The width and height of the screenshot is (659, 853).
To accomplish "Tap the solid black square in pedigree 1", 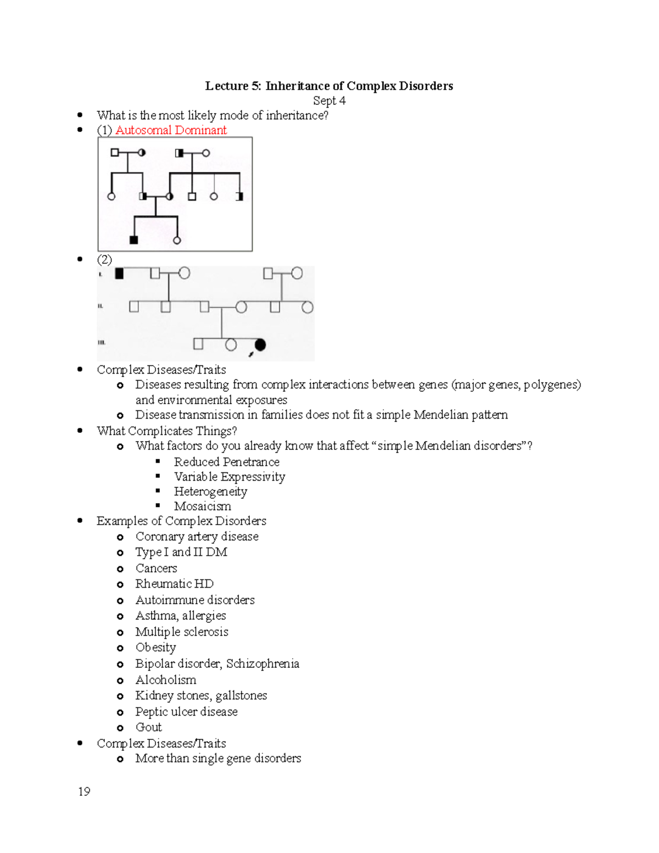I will tap(133, 239).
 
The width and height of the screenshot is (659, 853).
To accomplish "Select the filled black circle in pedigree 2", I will tap(260, 344).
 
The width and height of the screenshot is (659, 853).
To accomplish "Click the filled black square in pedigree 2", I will tap(119, 273).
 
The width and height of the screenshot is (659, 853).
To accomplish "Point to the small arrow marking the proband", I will tap(251, 354).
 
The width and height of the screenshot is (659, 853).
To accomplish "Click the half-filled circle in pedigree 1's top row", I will tap(142, 153).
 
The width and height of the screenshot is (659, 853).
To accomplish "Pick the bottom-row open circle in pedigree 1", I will tap(177, 240).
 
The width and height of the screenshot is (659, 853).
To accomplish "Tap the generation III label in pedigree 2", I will tap(101, 342).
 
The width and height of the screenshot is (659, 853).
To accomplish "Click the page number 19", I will tap(84, 791).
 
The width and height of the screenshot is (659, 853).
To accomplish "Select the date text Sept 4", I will tap(329, 101).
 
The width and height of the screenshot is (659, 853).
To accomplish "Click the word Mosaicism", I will tap(202, 506).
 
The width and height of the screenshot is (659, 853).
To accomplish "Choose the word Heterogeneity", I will tap(210, 491).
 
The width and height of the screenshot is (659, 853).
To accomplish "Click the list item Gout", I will tap(148, 727).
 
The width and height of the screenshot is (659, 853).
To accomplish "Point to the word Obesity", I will tap(155, 648).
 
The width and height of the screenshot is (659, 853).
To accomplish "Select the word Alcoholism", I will tap(165, 679).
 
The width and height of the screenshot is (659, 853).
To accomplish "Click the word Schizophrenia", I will tap(263, 664).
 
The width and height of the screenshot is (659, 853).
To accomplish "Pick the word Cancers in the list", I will tap(156, 568).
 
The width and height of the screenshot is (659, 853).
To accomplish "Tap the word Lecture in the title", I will tap(226, 86).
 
